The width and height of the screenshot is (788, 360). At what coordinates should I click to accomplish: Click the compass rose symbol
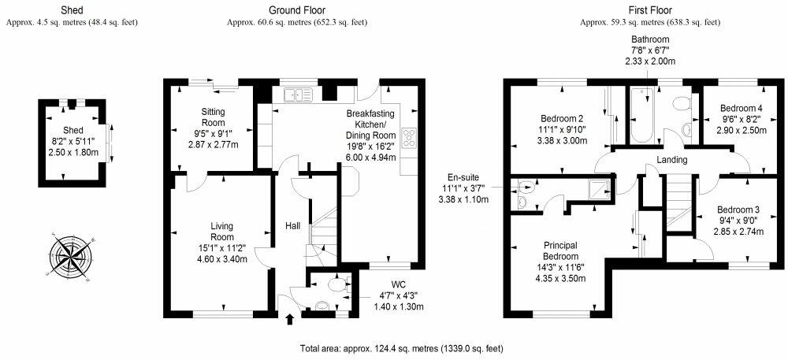coord(72,256)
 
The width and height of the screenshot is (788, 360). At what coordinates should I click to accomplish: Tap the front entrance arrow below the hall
coord(289,319)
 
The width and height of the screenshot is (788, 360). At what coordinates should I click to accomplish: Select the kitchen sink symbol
coord(298,94)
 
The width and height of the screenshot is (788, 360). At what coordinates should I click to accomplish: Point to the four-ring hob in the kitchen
coord(408,138)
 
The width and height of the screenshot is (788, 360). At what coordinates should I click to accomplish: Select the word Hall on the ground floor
coord(293,226)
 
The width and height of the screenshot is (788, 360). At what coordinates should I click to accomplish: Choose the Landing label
coord(672,160)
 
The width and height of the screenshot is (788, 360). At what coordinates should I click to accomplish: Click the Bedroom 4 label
coord(738,109)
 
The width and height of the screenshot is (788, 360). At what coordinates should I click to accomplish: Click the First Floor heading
coord(650,10)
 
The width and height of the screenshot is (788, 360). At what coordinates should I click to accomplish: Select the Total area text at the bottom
coord(402,348)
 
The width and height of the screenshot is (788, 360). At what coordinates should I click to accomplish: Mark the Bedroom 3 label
coord(738,210)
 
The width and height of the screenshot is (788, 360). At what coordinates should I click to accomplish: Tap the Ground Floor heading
coord(297,10)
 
